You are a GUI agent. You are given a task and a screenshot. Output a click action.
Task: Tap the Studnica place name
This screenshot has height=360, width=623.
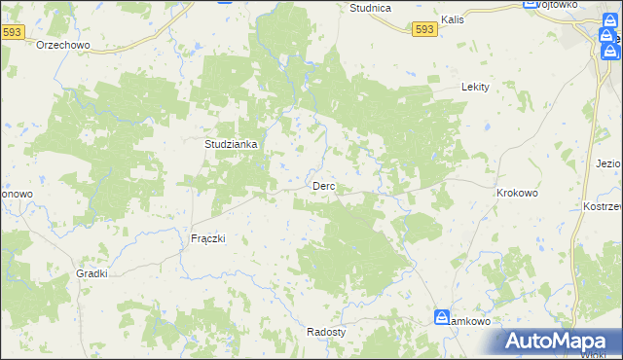coord(370,8)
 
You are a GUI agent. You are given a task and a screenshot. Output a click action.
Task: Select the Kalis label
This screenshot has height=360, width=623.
coord(452,18)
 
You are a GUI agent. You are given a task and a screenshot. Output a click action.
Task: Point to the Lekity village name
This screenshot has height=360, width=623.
coord(474,87)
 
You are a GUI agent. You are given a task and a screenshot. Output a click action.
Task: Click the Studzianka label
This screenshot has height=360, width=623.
coord(231,144)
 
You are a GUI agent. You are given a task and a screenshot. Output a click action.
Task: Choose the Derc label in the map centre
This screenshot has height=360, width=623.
coord(324,186)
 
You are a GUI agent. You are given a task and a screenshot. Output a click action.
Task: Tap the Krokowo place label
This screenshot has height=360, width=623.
coord(517,194)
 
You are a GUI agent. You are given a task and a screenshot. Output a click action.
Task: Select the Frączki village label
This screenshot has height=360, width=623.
coord(207,238)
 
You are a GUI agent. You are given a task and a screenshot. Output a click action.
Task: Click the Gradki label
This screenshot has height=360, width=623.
coord(92,274)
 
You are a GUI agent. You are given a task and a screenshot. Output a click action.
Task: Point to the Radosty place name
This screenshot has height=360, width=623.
coord(326,331)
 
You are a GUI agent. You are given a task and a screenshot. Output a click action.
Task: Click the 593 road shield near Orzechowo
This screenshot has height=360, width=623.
coord(13,32)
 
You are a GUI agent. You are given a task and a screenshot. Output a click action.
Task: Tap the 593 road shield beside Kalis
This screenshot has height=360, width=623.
coord(423,30)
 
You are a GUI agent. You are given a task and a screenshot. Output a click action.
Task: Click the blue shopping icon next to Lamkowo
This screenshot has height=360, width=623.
coord(440,318)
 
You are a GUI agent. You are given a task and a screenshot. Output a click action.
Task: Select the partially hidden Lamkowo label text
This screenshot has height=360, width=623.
coord(470,320)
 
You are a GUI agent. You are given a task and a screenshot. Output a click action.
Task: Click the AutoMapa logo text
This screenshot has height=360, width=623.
coord(565,342)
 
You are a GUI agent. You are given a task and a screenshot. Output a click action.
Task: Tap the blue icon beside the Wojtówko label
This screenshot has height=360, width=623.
coord(531,4)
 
